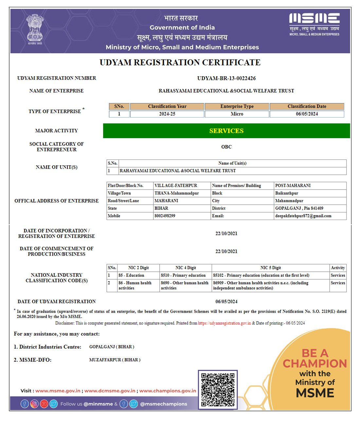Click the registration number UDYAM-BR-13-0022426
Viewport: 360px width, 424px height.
pos(226,78)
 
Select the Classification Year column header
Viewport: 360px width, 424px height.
pos(167,106)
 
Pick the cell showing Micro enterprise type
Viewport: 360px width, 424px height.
pos(237,114)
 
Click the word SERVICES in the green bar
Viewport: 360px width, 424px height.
pos(226,131)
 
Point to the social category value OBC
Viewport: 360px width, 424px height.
pos(226,147)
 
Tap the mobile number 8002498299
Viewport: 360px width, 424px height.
pos(165,216)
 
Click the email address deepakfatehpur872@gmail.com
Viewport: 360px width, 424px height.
pos(303,216)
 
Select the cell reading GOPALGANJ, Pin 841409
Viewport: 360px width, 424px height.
pos(299,208)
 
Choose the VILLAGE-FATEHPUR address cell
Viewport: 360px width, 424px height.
pos(176,186)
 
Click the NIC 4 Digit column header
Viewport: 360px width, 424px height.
pos(186,268)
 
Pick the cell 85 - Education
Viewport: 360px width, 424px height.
pos(131,275)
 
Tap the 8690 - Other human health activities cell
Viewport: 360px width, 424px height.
pos(185,285)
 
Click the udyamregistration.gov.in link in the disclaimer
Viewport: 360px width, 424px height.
pos(225,323)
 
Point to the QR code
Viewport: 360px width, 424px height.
pos(218,390)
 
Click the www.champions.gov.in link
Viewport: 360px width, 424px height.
pos(168,391)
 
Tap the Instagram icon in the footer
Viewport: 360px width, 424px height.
pos(34,404)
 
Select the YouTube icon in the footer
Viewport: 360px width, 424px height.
pos(44,404)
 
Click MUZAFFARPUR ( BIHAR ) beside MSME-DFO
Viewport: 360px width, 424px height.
pos(115,360)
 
